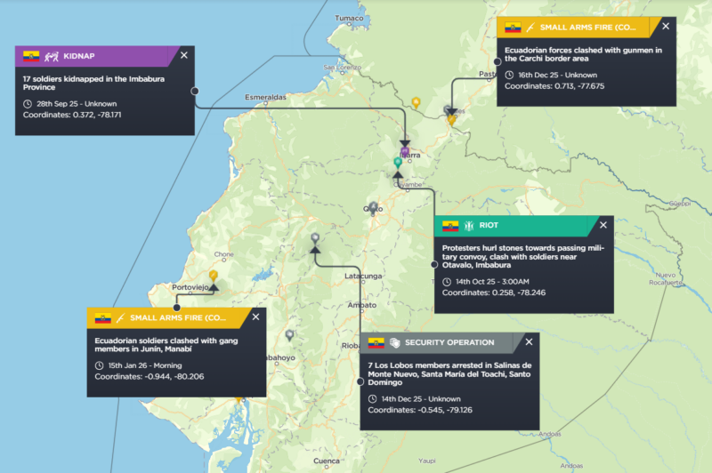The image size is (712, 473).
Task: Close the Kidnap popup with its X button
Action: pos(184,55)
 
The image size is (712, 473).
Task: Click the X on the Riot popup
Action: pos(603,226)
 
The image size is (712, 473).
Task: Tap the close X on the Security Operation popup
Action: pos(530,342)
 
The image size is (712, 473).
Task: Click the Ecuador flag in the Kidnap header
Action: pos(32,55)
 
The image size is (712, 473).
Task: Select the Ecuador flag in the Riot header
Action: pos(450,226)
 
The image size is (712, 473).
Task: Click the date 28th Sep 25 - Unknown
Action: pos(69,104)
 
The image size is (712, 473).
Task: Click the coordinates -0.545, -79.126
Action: pos(419,410)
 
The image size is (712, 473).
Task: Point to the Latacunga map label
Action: pos(363,276)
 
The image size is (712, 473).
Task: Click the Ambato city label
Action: pos(361,305)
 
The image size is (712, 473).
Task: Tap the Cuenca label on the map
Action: pos(328,461)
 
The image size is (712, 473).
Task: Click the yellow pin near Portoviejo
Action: pos(214,277)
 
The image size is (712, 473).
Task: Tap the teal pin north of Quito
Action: pos(398,163)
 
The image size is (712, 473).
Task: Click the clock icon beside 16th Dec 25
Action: pos(510,74)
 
